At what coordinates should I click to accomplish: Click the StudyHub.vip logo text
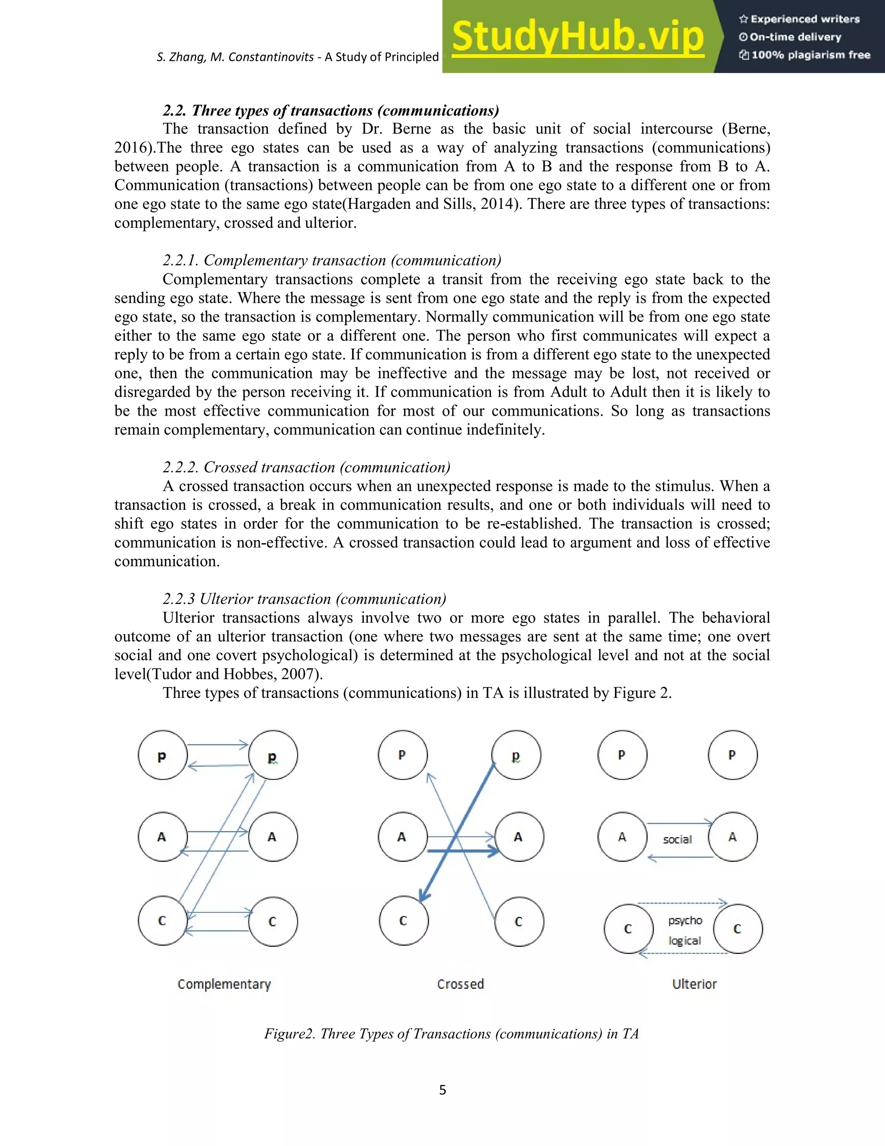pos(577,37)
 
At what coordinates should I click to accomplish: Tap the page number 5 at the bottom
pos(442,1090)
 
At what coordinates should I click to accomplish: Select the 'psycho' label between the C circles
pos(685,920)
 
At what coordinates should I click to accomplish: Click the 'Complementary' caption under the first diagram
pos(224,984)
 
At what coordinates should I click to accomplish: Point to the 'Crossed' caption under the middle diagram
pos(460,984)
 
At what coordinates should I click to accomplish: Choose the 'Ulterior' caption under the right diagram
pos(694,984)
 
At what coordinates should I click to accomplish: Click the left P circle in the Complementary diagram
pos(162,755)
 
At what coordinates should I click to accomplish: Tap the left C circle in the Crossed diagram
pos(403,921)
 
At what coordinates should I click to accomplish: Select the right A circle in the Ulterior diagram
pos(732,837)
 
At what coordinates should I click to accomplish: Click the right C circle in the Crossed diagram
pos(519,922)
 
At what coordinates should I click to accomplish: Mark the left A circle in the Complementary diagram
pos(162,837)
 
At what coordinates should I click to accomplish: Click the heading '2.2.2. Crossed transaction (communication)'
pos(306,467)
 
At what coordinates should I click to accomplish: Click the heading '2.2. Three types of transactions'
pos(330,111)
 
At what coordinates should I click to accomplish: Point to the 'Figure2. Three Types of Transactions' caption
pos(451,1034)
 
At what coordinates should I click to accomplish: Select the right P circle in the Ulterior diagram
pos(732,755)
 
